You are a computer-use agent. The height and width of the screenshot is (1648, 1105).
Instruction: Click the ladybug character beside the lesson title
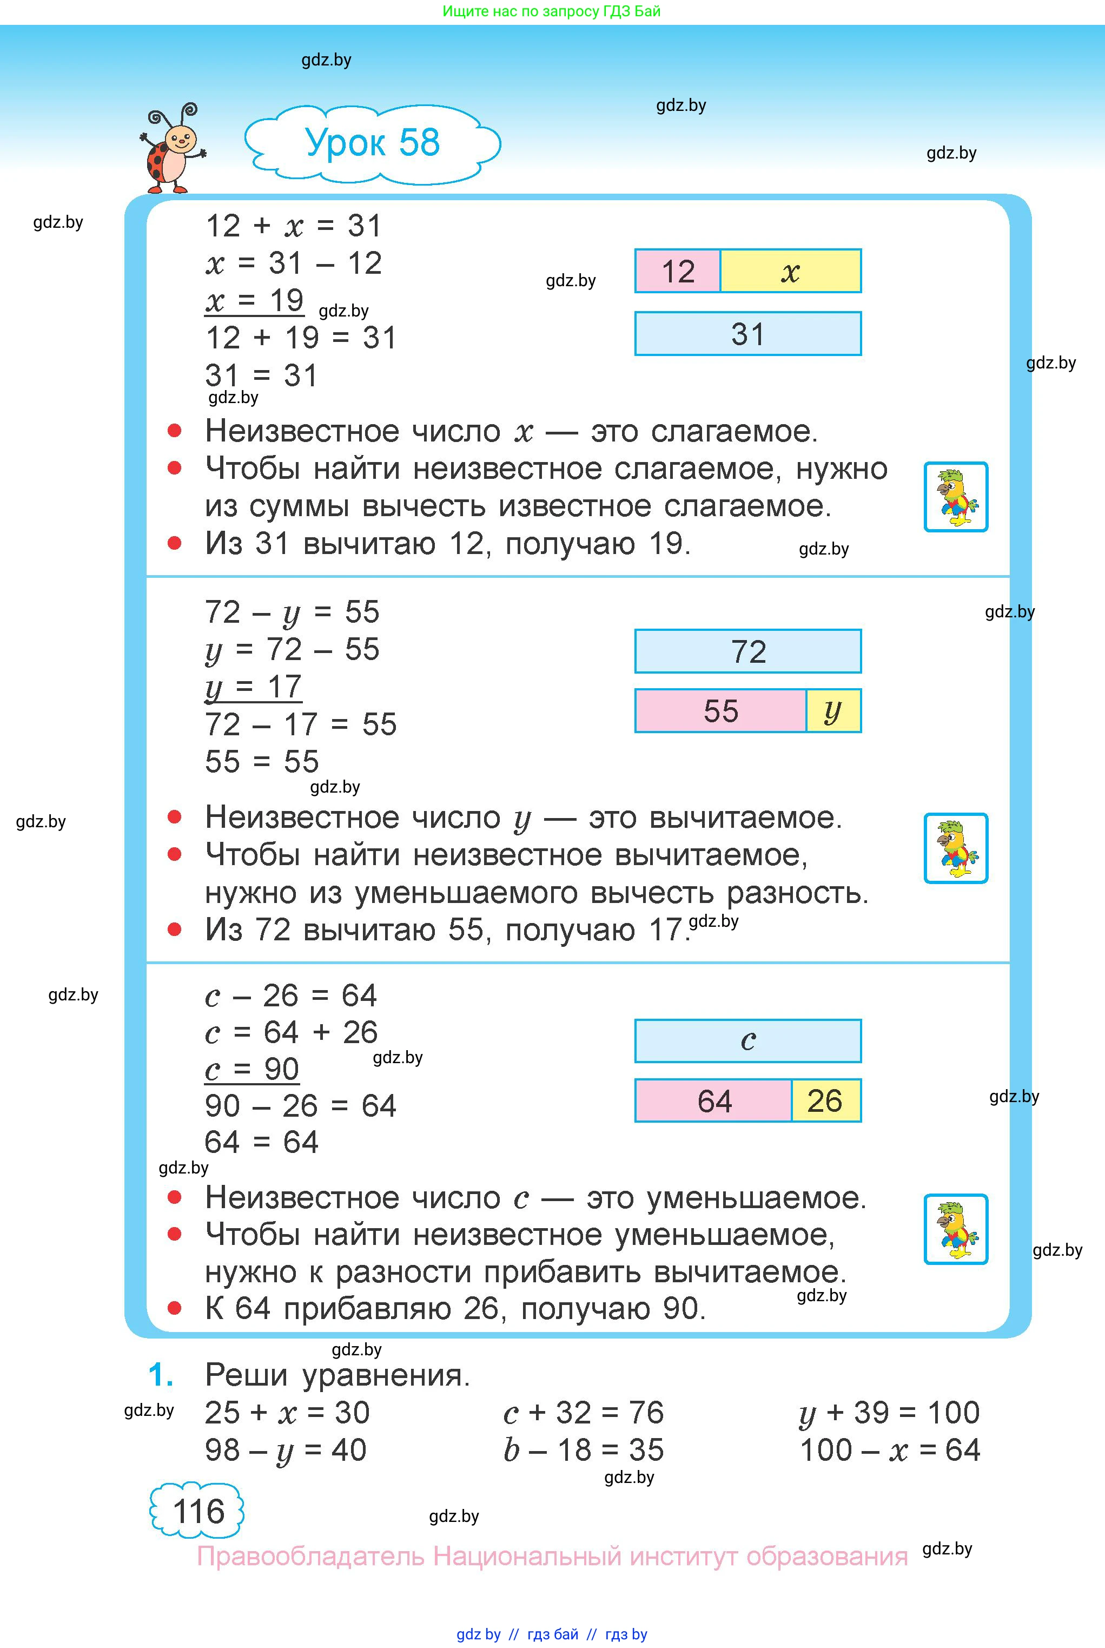(171, 149)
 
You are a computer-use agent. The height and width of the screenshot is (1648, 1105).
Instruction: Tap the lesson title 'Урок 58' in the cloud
(372, 143)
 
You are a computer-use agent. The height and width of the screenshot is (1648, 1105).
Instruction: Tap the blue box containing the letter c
(747, 1041)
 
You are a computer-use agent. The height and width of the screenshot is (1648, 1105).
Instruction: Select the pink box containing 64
(713, 1101)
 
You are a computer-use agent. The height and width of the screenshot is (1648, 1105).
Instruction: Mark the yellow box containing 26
(825, 1101)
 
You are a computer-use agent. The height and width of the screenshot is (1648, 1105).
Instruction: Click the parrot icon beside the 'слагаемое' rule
(956, 497)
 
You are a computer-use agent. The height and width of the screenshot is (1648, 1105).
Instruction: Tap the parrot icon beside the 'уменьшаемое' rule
(956, 1229)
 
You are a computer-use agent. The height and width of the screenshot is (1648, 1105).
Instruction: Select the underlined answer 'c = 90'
(252, 1069)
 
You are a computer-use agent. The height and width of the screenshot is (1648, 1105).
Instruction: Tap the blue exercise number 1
(161, 1375)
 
